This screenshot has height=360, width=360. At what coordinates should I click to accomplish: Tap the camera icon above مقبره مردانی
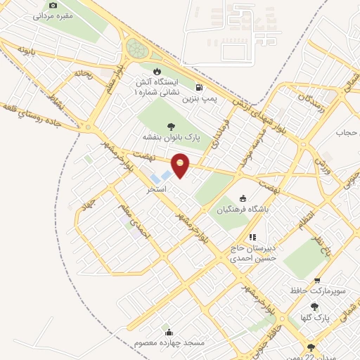[53, 5]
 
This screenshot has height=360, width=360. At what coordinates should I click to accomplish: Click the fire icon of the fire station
[156, 72]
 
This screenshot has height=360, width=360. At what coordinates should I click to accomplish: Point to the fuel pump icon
[200, 89]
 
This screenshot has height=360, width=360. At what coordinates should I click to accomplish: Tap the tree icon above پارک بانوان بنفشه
[172, 125]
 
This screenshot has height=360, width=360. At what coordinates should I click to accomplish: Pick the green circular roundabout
[135, 49]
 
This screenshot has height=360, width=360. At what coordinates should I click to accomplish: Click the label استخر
[156, 190]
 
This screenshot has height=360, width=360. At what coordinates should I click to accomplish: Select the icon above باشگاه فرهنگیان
[243, 198]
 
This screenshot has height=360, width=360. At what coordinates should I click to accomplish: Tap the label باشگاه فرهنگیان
[243, 209]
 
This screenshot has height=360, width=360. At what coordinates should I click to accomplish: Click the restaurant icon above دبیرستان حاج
[252, 237]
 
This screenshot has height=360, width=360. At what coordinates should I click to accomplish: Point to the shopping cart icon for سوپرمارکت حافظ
[318, 280]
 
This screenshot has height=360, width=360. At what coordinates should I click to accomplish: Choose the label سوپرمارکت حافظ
[318, 290]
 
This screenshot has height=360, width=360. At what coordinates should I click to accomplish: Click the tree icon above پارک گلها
[314, 307]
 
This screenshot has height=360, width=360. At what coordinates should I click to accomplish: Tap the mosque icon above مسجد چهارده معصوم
[168, 332]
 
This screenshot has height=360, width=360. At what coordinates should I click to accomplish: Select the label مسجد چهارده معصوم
[169, 343]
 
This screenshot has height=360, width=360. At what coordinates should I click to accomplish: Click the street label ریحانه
[84, 72]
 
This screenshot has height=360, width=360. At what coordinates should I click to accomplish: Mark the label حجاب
[347, 132]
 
